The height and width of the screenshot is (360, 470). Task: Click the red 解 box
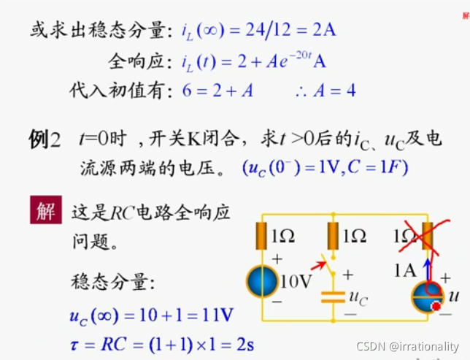click(x=45, y=212)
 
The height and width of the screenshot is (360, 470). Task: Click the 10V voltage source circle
click(x=261, y=281)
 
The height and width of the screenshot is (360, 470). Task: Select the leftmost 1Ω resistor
click(x=262, y=236)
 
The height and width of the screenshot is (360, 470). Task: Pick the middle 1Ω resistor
click(x=334, y=236)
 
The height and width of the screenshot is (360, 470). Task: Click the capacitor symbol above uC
click(x=333, y=298)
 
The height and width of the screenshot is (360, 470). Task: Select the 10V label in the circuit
click(x=296, y=281)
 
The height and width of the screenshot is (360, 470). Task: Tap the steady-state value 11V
click(x=217, y=315)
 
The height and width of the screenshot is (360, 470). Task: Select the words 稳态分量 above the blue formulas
click(x=112, y=283)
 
